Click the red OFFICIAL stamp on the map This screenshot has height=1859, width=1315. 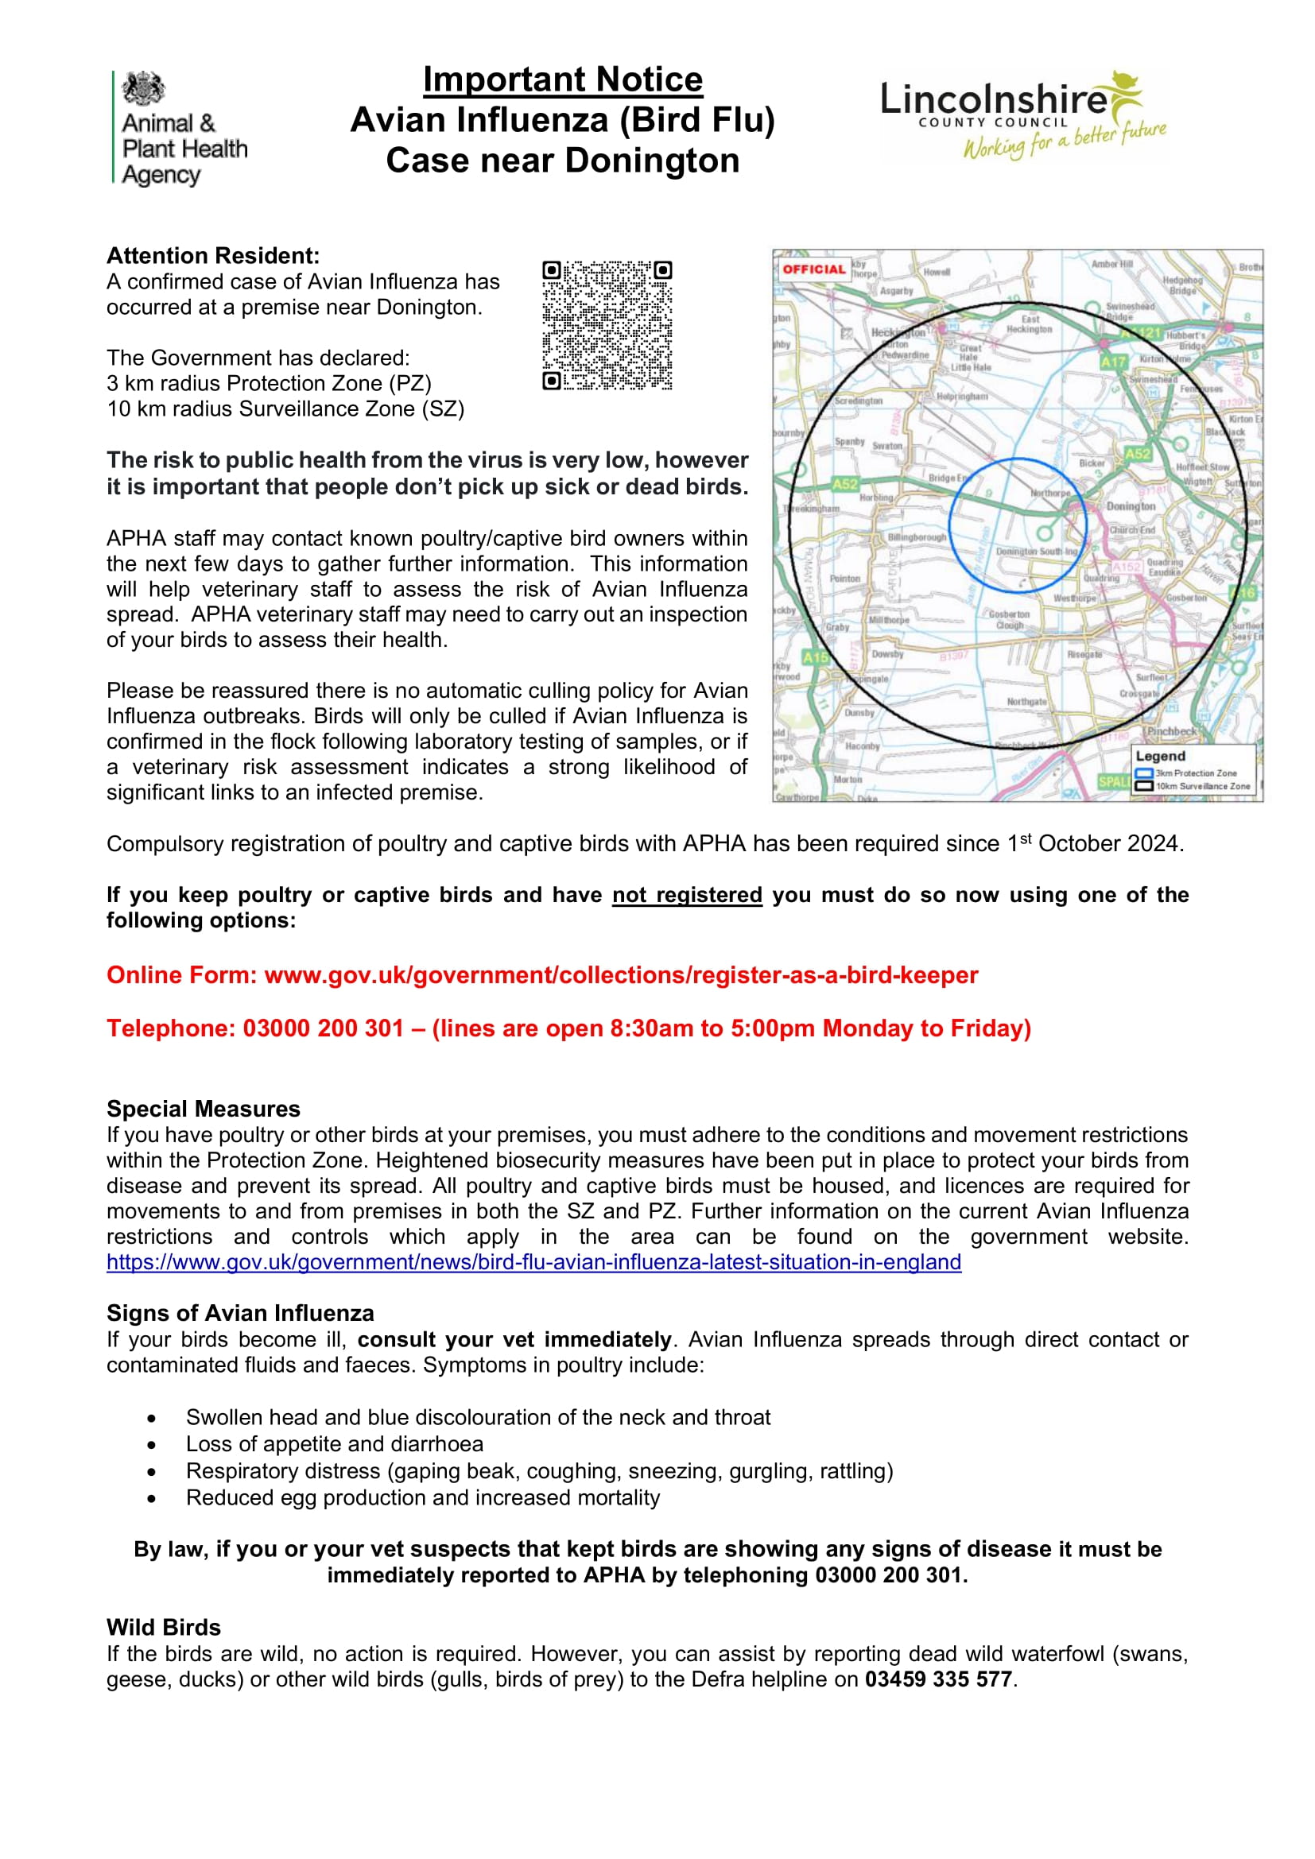813,269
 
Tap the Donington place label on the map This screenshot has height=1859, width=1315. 1131,506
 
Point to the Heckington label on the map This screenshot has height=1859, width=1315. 898,333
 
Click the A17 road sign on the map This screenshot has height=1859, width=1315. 1112,362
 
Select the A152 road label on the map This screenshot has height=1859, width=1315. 1126,567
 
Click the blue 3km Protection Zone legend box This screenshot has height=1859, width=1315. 1144,773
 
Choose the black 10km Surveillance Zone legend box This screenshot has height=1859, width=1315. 1144,786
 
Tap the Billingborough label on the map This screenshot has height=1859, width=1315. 917,536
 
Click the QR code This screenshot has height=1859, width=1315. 607,325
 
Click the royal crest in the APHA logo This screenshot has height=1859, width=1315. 143,88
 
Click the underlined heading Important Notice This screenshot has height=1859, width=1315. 563,79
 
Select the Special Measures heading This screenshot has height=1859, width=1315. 204,1109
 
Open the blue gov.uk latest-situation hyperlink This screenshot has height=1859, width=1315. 533,1262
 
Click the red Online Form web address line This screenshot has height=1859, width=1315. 541,975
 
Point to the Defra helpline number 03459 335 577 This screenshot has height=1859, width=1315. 937,1679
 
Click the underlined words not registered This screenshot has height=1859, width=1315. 687,895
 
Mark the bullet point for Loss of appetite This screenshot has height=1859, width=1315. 151,1444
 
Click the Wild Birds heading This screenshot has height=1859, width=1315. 164,1628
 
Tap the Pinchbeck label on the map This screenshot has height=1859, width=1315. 1171,731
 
